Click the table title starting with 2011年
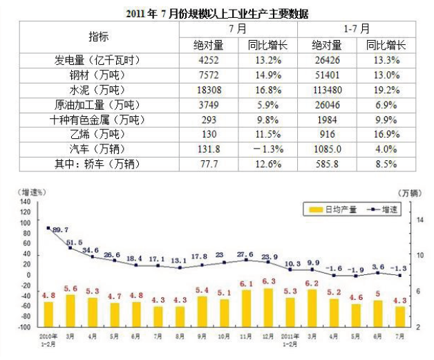(x=218, y=13)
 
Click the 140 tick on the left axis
(x=26, y=202)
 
